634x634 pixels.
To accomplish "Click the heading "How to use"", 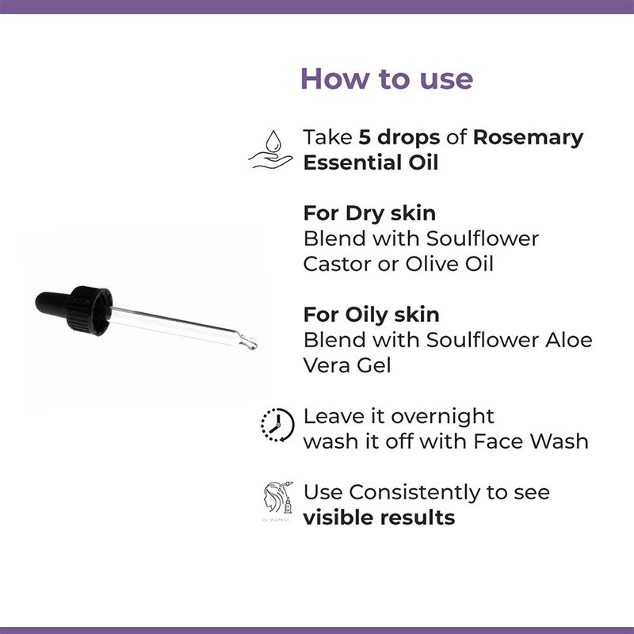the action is [387, 78].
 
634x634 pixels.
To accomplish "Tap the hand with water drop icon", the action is [270, 149].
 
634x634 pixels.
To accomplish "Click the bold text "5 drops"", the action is [399, 137].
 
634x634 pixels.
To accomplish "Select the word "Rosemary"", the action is [528, 138].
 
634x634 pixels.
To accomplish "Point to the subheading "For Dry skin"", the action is [369, 213].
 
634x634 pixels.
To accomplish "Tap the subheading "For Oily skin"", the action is [371, 315].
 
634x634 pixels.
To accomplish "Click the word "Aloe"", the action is [568, 340].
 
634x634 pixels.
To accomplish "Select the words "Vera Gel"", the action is [347, 365].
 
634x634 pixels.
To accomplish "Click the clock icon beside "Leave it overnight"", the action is [277, 425].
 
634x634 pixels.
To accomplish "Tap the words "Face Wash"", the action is [530, 441].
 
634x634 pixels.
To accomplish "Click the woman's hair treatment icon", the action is [277, 498].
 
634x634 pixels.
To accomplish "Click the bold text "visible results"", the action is [379, 518].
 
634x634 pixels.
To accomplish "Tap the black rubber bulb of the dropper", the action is [52, 304].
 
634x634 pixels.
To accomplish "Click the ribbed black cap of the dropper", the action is [90, 311].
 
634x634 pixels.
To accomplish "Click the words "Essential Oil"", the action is [371, 163].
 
